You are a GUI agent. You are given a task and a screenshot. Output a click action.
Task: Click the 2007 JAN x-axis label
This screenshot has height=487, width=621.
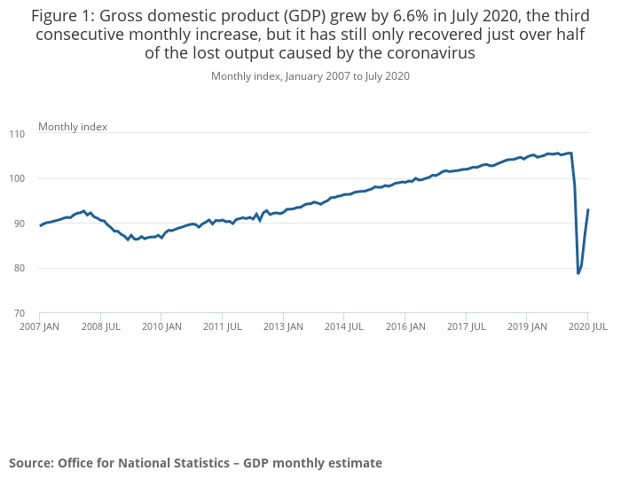[40, 326]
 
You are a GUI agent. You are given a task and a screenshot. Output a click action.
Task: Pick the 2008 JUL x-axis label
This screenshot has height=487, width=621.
[100, 326]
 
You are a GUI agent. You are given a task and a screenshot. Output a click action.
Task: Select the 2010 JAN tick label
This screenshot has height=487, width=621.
[161, 326]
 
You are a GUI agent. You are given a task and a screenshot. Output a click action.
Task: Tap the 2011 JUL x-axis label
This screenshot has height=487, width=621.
[223, 326]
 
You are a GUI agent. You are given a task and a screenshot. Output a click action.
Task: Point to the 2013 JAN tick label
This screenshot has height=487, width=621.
[283, 326]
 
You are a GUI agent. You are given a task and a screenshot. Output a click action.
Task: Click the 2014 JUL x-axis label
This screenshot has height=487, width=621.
[344, 326]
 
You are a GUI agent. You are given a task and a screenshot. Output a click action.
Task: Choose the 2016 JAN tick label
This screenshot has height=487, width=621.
[405, 326]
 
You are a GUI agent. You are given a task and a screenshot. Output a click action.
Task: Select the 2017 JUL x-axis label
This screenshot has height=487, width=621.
[466, 326]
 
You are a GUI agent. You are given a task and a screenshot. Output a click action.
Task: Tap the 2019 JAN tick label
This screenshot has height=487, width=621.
[526, 326]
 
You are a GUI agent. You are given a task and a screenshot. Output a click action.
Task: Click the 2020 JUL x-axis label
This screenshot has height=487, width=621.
[587, 326]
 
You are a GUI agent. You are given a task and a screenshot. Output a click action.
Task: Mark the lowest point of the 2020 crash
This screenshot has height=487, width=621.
[578, 273]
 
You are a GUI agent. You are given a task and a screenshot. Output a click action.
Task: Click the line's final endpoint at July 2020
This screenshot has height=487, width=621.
[588, 209]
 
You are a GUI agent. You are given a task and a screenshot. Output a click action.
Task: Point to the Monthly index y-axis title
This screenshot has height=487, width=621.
[73, 127]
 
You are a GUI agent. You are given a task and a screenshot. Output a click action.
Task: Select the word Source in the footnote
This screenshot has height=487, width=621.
[30, 462]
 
